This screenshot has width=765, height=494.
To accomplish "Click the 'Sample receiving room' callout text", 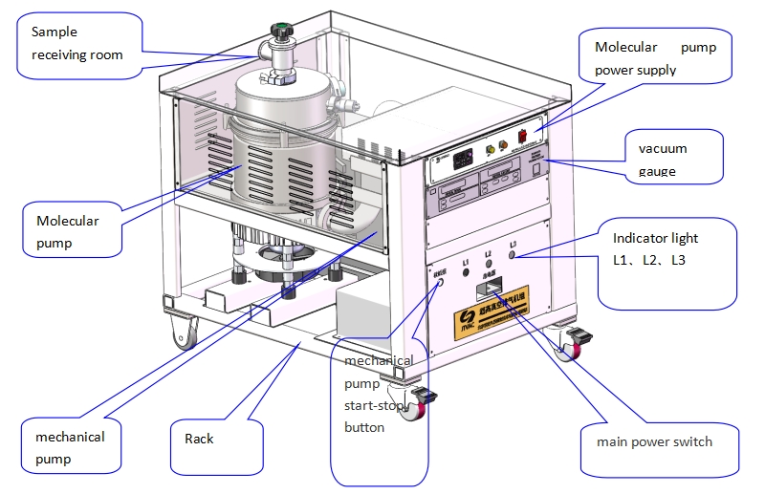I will point(76,43).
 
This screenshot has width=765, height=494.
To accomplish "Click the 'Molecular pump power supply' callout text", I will point(655,58).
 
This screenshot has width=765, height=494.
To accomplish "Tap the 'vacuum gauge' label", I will point(663,160).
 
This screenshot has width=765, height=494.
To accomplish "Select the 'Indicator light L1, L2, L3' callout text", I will point(655,248).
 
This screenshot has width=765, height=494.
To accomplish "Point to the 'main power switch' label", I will point(654,441).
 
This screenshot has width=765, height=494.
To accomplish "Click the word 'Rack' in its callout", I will point(199,439).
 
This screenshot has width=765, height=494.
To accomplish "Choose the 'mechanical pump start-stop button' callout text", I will point(379,394).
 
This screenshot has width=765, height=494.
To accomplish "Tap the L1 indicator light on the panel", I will point(467,272).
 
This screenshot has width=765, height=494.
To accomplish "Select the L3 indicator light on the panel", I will point(514,256).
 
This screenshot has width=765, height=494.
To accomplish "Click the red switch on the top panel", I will point(524,135).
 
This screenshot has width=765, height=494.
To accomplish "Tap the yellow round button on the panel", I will point(491,149).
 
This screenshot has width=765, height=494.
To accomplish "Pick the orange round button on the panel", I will point(503,145).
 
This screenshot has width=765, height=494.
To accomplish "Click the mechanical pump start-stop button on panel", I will point(441,284).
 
